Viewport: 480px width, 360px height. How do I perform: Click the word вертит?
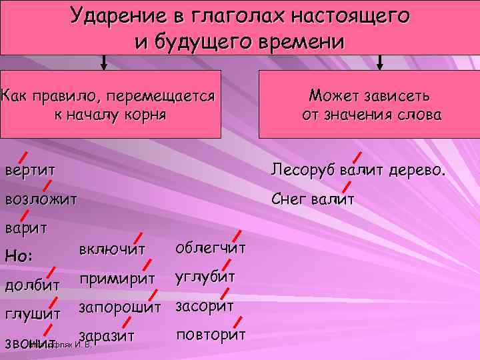pyautogui.click(x=30, y=170)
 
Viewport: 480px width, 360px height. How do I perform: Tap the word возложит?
pyautogui.click(x=41, y=199)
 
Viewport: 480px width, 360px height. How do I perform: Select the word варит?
pyautogui.click(x=26, y=228)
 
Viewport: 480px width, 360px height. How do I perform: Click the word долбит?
pyautogui.click(x=33, y=285)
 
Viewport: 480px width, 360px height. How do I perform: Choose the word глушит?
pyautogui.click(x=33, y=313)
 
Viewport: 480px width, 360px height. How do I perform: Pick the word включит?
pyautogui.click(x=111, y=250)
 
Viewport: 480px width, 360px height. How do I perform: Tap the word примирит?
pyautogui.click(x=117, y=278)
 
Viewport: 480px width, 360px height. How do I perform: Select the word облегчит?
pyautogui.click(x=211, y=248)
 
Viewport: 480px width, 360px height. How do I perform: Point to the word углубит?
pyautogui.click(x=205, y=277)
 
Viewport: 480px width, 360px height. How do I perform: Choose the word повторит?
pyautogui.click(x=211, y=334)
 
